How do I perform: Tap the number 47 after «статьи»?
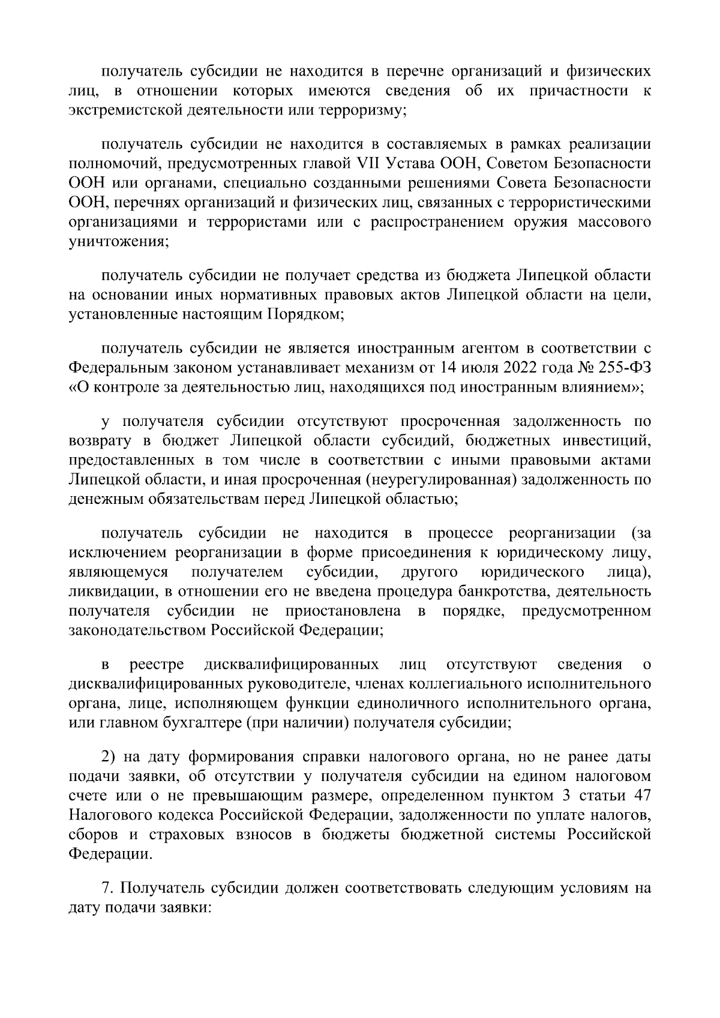click(640, 795)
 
